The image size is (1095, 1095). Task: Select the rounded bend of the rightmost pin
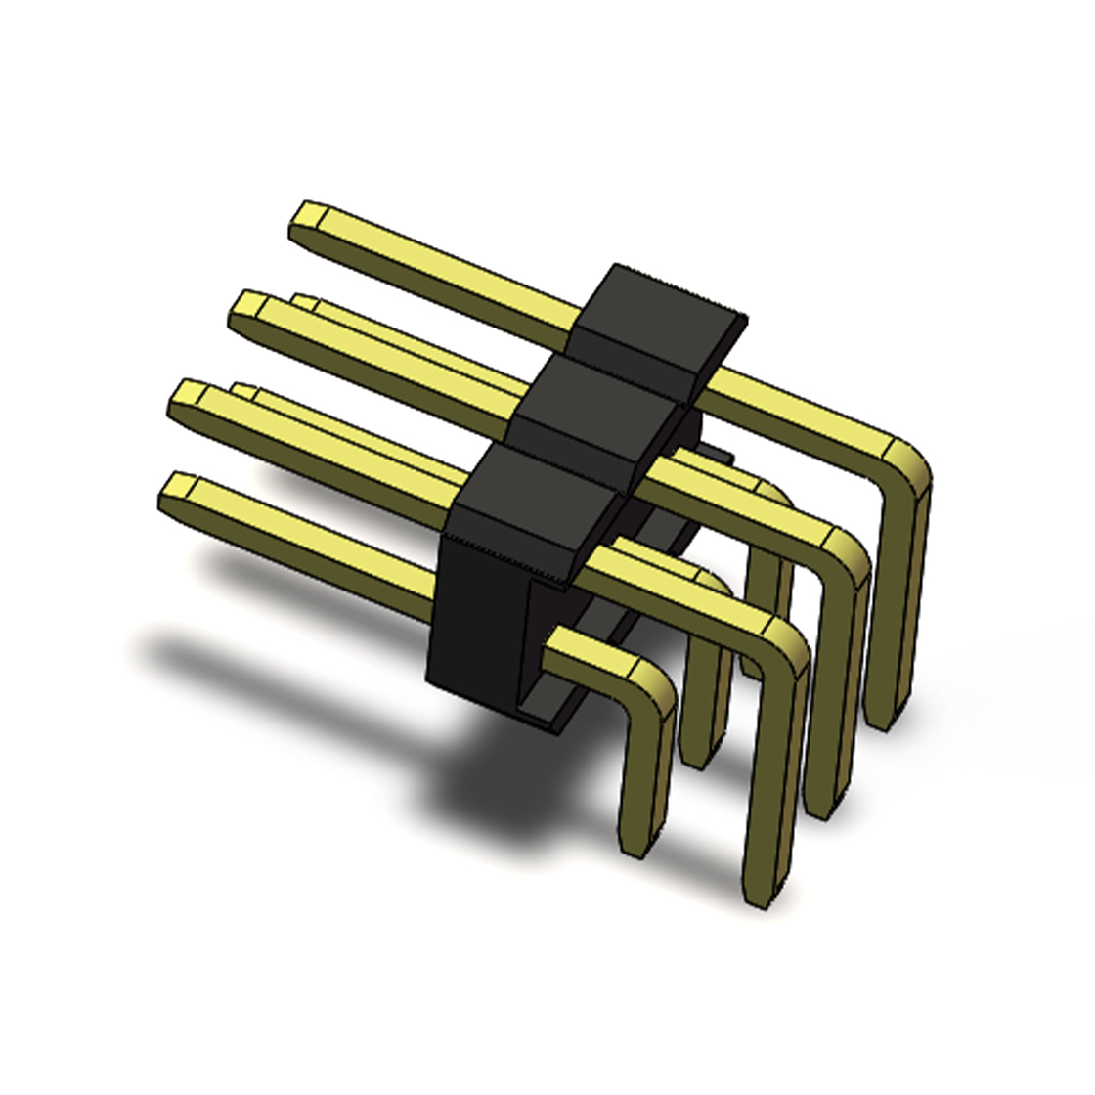(905, 463)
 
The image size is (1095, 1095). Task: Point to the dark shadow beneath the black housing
(489, 782)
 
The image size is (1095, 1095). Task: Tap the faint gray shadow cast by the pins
(244, 655)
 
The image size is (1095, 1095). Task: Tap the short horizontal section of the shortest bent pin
(587, 650)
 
